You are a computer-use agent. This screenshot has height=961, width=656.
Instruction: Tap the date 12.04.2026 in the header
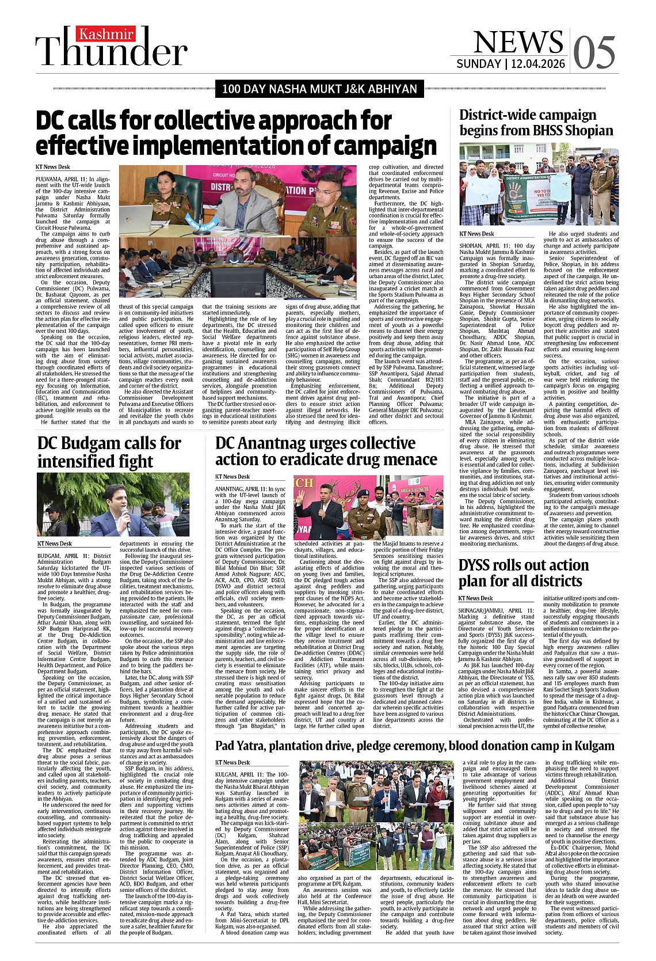(x=537, y=64)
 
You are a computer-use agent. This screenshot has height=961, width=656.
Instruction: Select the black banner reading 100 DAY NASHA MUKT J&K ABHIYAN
(x=320, y=89)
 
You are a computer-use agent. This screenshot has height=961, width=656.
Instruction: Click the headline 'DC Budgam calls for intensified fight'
(x=109, y=452)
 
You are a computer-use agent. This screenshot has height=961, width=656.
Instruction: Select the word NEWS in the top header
(x=518, y=42)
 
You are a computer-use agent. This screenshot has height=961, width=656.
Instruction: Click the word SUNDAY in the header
(x=479, y=64)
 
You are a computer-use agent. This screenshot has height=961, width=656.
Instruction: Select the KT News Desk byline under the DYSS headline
(x=476, y=598)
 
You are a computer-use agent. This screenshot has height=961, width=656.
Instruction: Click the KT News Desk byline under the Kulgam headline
(x=232, y=762)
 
